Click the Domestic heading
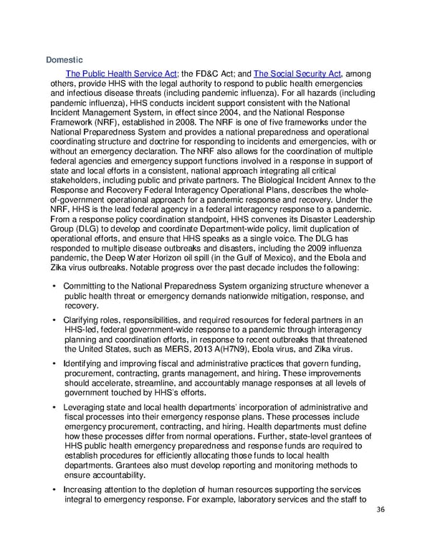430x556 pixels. pos(64,59)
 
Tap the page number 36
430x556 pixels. pos(379,510)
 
